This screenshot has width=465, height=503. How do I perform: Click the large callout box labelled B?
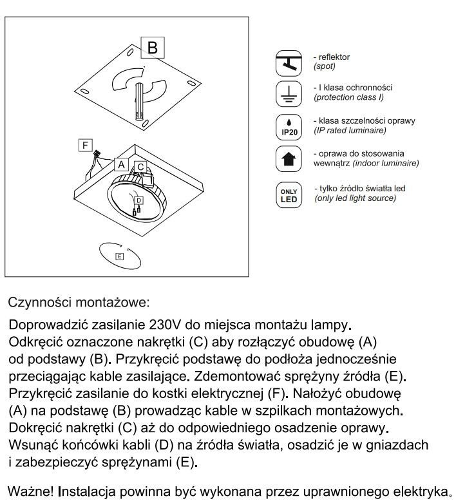click(152, 48)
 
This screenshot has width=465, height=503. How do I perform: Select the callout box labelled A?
click(120, 164)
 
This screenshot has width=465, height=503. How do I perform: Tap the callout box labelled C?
click(140, 167)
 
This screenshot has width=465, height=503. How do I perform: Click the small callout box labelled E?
click(119, 256)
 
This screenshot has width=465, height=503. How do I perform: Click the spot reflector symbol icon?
click(288, 62)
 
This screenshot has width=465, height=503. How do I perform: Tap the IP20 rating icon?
click(288, 126)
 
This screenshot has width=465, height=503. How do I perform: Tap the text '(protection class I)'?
click(348, 97)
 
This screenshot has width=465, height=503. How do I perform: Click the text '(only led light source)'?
click(355, 198)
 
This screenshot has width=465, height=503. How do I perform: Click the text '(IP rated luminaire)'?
click(350, 131)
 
